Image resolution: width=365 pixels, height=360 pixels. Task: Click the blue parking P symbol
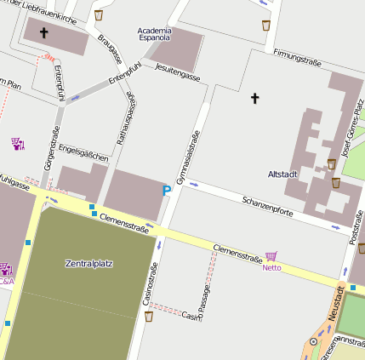tap(166, 191)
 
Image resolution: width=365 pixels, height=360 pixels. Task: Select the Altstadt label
tap(282, 174)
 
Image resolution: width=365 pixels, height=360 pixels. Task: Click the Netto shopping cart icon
tap(271, 256)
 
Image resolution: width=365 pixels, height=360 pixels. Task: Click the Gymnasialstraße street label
tap(188, 157)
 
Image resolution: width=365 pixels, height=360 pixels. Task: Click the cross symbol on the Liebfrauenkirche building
tap(44, 33)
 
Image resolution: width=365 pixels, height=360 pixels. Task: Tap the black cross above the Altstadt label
tap(254, 99)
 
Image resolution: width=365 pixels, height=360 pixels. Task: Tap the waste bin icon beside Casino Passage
tap(149, 317)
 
